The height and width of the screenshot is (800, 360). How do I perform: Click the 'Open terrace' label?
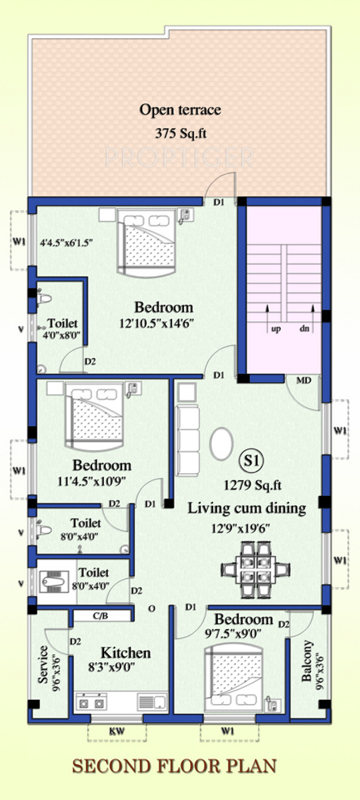coord(180,109)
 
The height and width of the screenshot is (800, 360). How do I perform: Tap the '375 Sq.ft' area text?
coord(181,133)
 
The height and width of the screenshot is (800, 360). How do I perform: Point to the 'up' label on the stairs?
coord(276,328)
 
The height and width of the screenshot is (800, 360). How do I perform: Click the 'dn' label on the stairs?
coord(304,328)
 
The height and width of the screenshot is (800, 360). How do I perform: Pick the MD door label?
coord(303,381)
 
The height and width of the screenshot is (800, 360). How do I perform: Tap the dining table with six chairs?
coord(256,569)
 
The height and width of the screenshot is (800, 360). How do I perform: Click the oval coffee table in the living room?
coord(221,444)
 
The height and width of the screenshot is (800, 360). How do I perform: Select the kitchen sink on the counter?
coord(152,702)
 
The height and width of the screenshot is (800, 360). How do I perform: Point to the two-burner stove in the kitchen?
coord(91,702)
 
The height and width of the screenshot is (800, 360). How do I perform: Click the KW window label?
coord(117,731)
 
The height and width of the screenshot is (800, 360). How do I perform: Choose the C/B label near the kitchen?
coord(101,616)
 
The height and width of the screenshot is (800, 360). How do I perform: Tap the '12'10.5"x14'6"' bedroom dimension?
coord(157,323)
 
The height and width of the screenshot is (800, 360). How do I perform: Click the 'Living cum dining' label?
coord(247,508)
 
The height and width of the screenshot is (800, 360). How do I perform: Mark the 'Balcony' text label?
coord(307,661)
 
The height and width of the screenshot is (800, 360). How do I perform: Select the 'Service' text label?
coord(43,664)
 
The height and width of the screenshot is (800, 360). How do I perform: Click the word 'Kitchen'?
coord(126,653)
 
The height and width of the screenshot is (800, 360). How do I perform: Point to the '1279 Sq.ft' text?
coord(253,485)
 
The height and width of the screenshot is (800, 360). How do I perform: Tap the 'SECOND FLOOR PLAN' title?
coord(174,766)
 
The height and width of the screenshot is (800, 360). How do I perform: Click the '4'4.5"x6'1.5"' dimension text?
coord(67,243)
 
